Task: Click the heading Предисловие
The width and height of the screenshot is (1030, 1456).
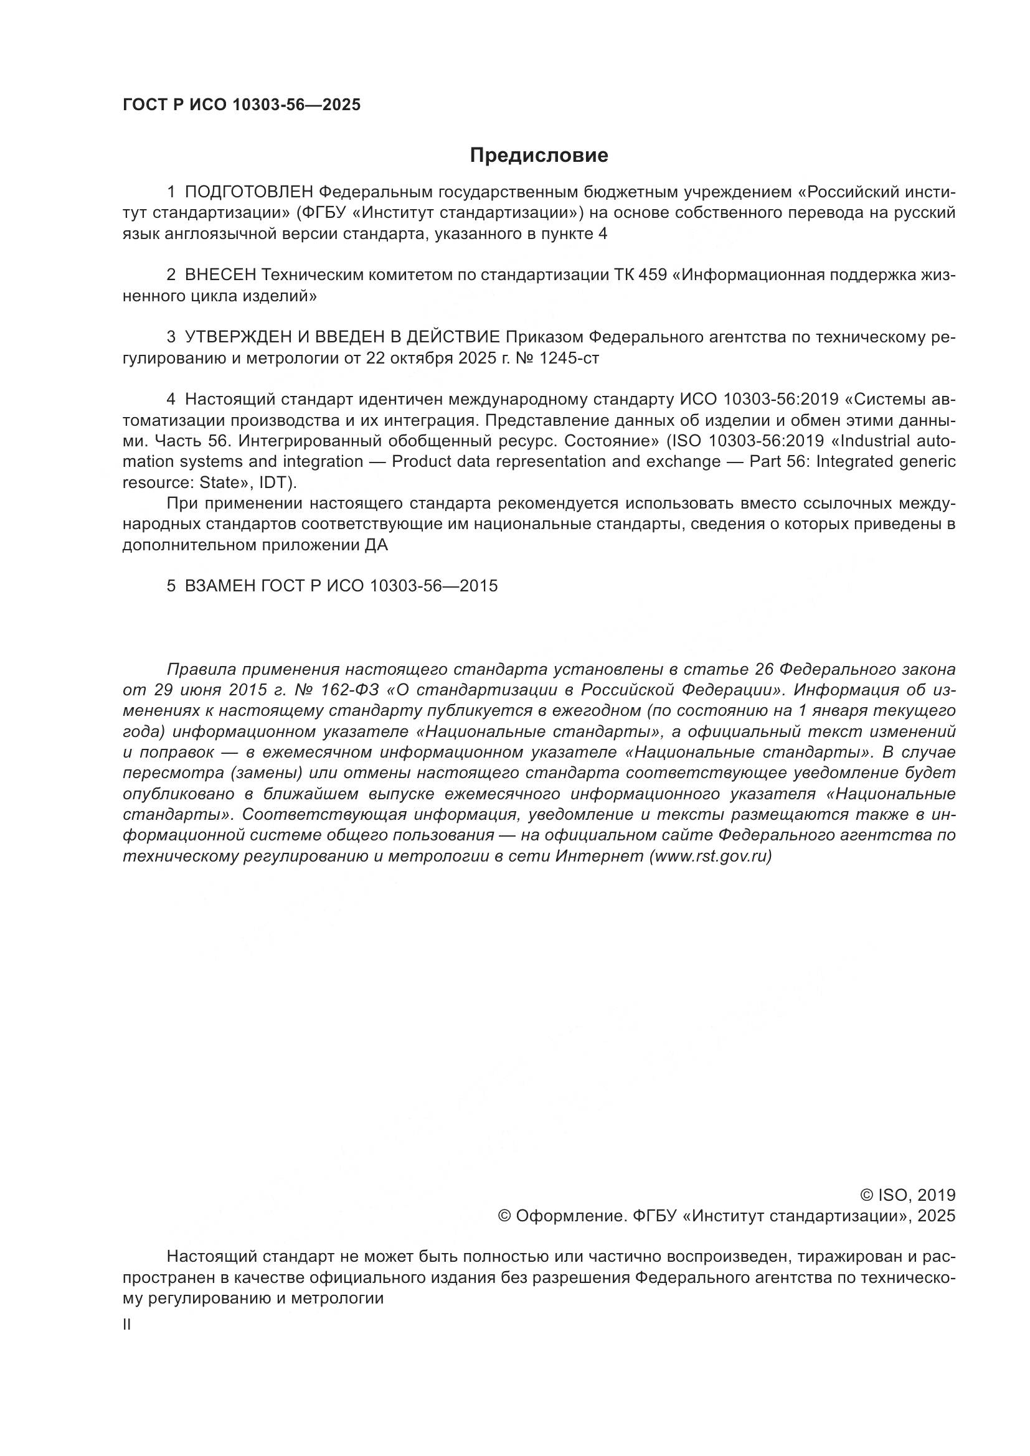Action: pyautogui.click(x=539, y=156)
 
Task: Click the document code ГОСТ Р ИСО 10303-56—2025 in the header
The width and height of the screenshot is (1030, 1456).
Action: pyautogui.click(x=242, y=105)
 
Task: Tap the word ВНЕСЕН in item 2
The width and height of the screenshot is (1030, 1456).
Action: pyautogui.click(x=220, y=275)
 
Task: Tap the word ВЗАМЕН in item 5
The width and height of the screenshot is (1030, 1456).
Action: pyautogui.click(x=220, y=586)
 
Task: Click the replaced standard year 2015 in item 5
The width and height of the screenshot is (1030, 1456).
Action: pyautogui.click(x=480, y=586)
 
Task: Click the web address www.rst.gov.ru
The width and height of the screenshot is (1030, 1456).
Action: pyautogui.click(x=710, y=856)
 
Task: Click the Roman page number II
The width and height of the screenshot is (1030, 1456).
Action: pyautogui.click(x=127, y=1325)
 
